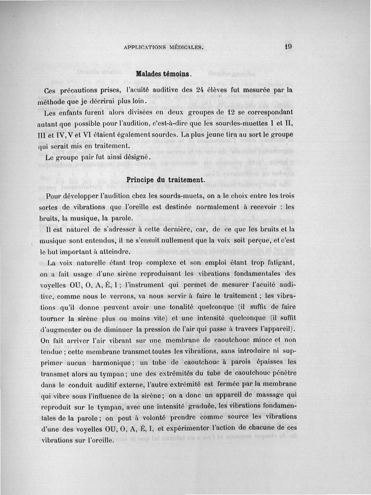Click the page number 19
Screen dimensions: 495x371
point(288,46)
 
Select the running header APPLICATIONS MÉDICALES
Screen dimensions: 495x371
point(163,48)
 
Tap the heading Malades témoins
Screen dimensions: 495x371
point(163,74)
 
